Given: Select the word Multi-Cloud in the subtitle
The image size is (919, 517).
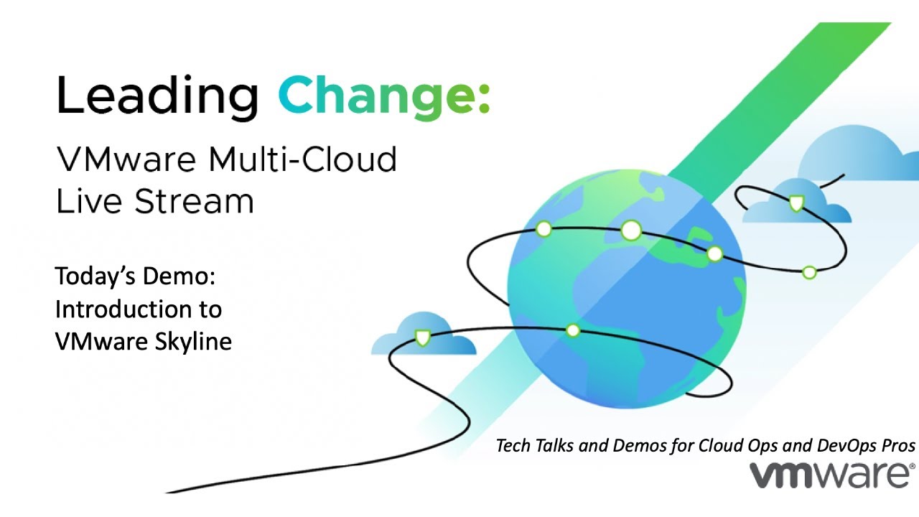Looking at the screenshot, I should [302, 159].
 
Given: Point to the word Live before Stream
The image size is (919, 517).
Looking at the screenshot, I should [85, 202].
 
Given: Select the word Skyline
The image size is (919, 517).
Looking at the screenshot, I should [193, 342].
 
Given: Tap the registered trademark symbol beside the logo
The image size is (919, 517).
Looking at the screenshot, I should [913, 466].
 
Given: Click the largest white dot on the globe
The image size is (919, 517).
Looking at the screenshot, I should [630, 230].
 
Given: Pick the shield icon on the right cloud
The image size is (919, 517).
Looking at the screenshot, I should [796, 203].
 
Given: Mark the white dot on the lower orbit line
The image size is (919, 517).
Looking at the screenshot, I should [572, 330].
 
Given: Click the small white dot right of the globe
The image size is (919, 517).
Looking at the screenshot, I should [809, 272].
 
